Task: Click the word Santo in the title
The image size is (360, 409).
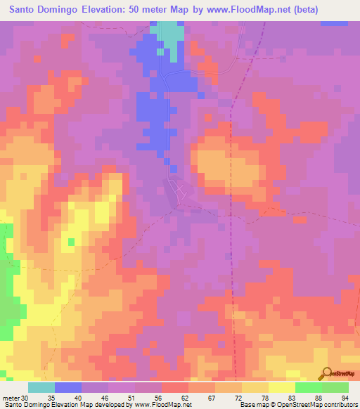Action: [24, 10]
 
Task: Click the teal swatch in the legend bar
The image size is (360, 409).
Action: [41, 387]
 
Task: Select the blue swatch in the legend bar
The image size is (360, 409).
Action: [68, 387]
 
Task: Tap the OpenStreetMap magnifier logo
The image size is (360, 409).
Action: [326, 374]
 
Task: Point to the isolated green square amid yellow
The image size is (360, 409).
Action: [71, 243]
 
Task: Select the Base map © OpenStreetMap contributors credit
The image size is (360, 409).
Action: [298, 405]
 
